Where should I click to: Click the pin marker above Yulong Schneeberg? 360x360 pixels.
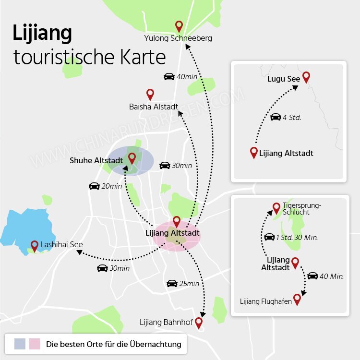coord(179,26)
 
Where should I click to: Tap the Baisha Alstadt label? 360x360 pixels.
coord(154,107)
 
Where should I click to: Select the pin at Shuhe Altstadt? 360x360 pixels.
coord(132,158)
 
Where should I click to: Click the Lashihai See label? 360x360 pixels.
coord(61,245)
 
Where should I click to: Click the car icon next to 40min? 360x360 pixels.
coord(169,76)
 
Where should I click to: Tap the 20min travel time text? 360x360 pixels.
coord(112,186)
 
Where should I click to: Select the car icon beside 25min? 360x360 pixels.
coord(172,283)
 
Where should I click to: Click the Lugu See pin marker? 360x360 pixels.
coord(306,77)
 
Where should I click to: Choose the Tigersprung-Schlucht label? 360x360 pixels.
coord(302,208)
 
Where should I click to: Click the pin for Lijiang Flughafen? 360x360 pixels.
coord(297,300)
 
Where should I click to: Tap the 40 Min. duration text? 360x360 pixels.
coord(332,276)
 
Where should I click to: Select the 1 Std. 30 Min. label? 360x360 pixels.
coord(297,237)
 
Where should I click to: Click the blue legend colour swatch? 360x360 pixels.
coord(20,344)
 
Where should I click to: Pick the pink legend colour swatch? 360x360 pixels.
coord(35,344)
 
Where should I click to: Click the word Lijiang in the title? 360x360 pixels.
coord(42,34)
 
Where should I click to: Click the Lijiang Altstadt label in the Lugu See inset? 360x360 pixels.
coord(286,153)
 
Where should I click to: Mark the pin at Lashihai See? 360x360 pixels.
coord(35,246)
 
